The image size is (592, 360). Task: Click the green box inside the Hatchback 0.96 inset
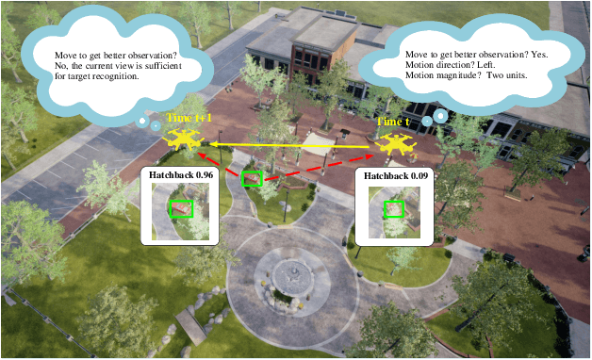(181, 208)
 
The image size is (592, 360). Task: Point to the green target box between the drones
(251, 178)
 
